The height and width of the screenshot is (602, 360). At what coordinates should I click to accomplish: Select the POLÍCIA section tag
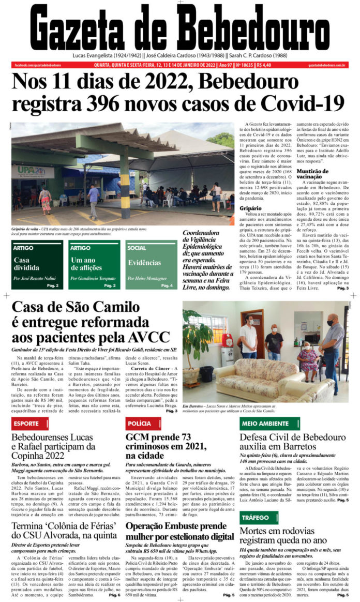[140, 424]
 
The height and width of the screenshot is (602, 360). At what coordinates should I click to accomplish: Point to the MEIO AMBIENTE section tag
[264, 424]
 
